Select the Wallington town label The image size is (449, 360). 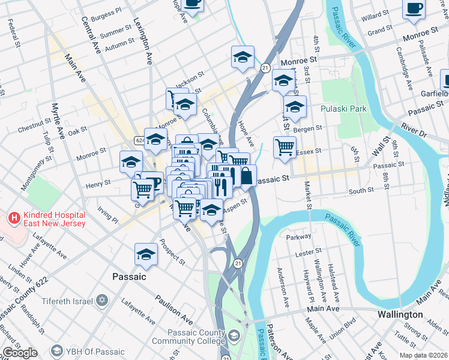(400, 314)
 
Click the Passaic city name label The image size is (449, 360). (129, 277)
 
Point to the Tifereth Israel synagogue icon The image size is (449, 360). (102, 299)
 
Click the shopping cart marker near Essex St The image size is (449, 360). (285, 146)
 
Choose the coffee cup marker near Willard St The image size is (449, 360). (414, 8)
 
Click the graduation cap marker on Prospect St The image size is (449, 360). (146, 254)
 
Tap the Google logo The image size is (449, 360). (20, 353)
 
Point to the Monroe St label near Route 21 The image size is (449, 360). (296, 61)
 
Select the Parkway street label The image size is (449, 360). (299, 237)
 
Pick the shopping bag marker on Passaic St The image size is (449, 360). (246, 176)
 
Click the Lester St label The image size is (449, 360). (310, 254)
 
